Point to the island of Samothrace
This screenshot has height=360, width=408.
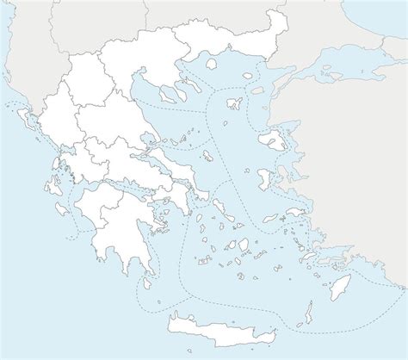point(255,76)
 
